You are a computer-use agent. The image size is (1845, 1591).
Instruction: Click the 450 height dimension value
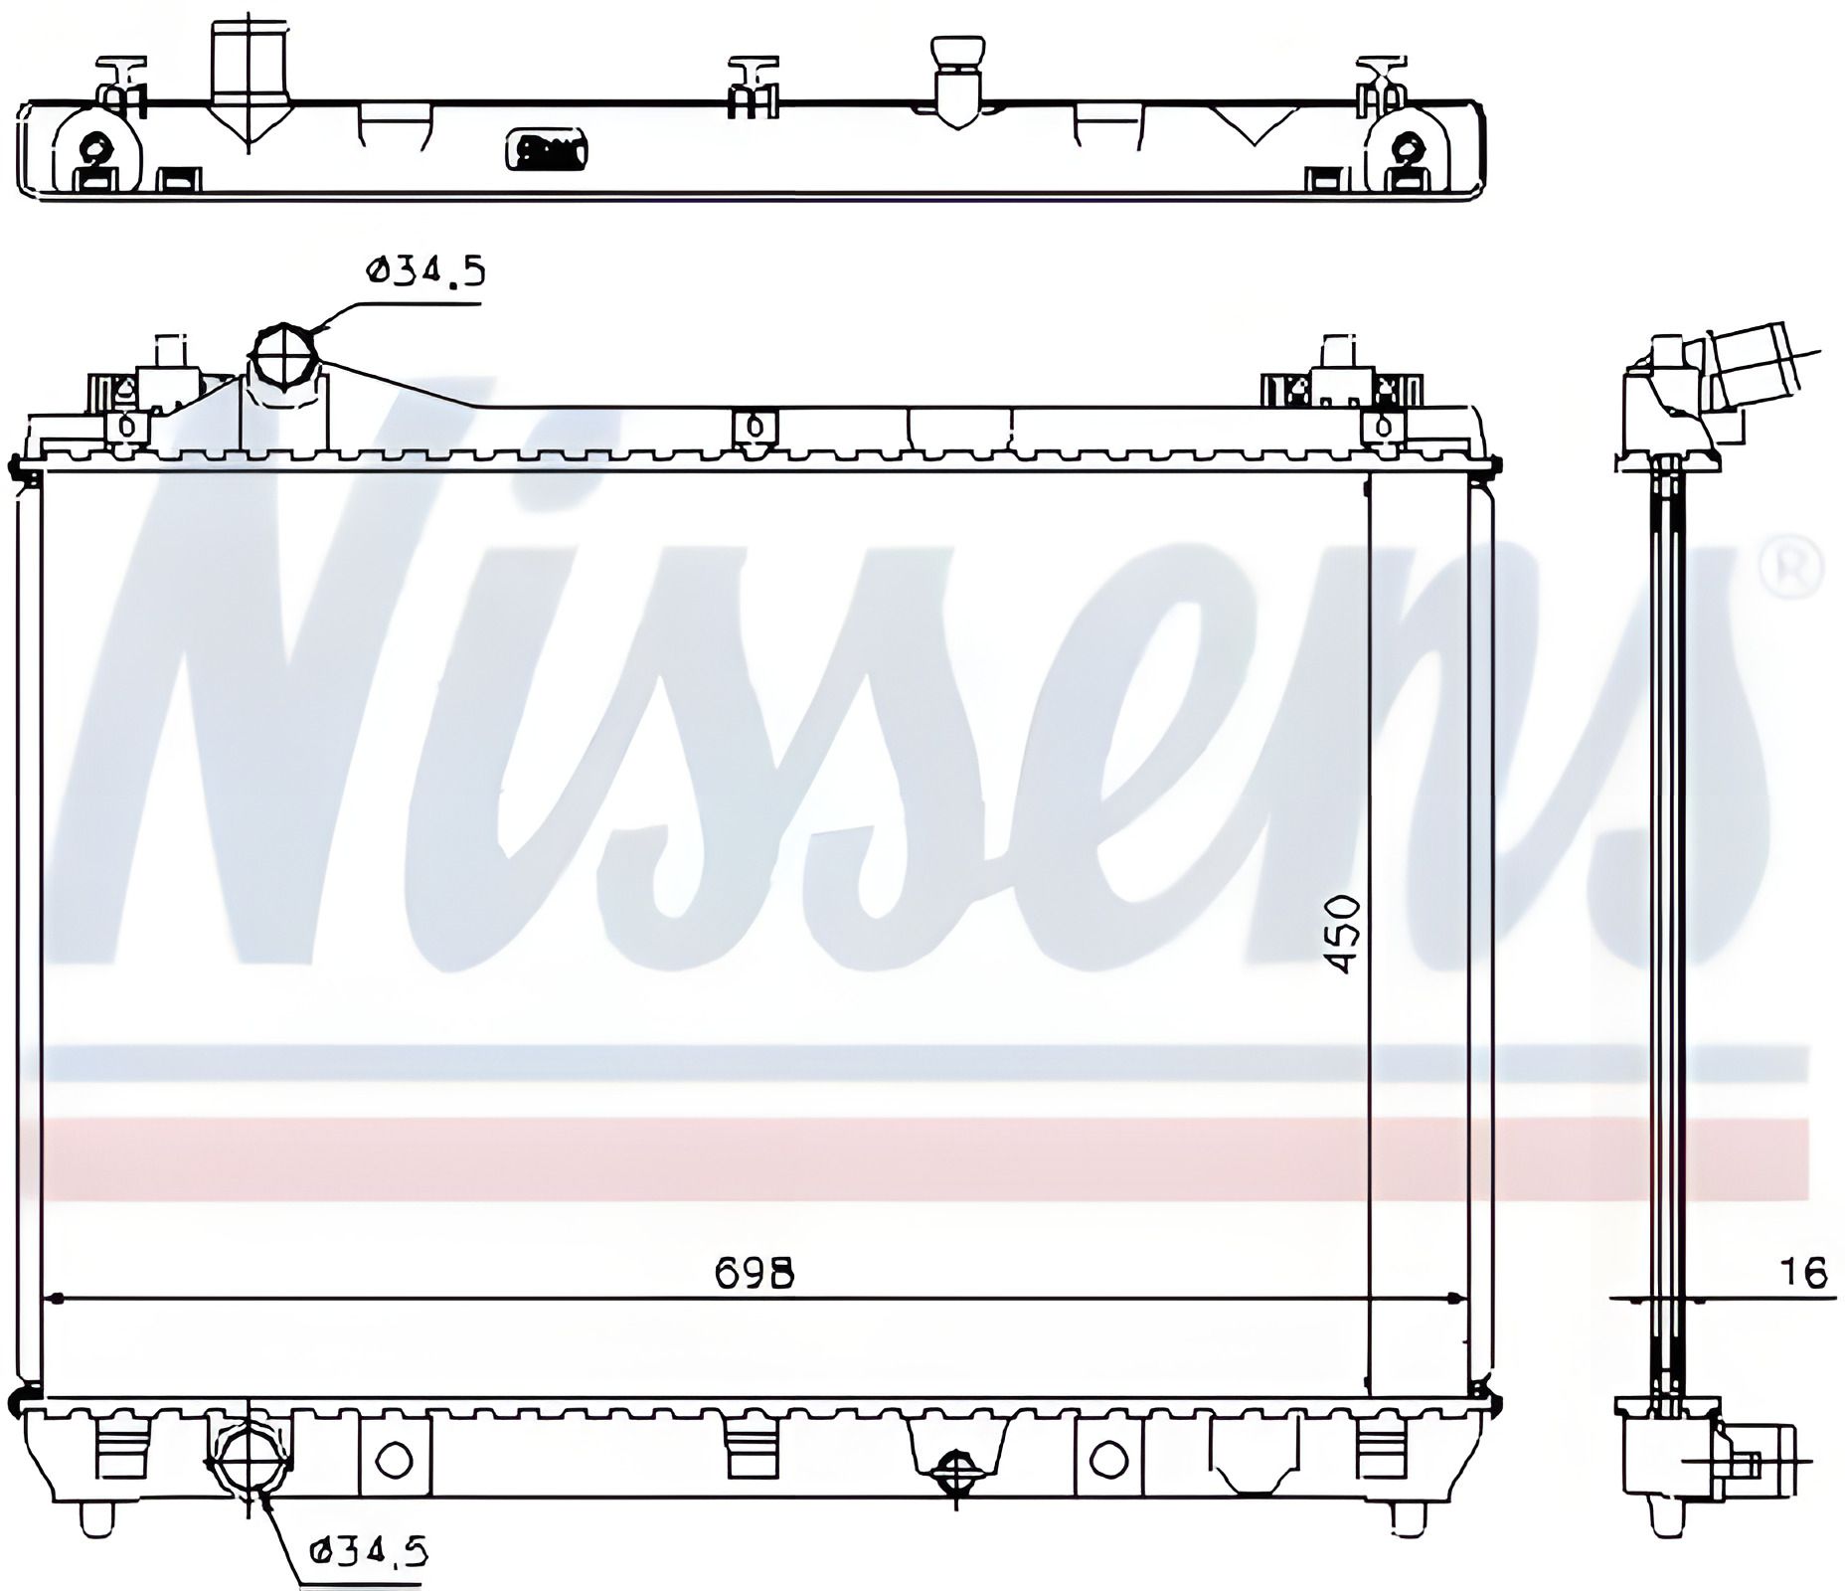click(1344, 935)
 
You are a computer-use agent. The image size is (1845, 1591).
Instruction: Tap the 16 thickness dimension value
click(1803, 1273)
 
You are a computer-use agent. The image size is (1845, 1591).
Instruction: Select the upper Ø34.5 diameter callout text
click(425, 269)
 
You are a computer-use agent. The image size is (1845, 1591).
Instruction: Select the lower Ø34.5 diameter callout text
click(367, 1550)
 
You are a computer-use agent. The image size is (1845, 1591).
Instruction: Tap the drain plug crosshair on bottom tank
click(955, 1471)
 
